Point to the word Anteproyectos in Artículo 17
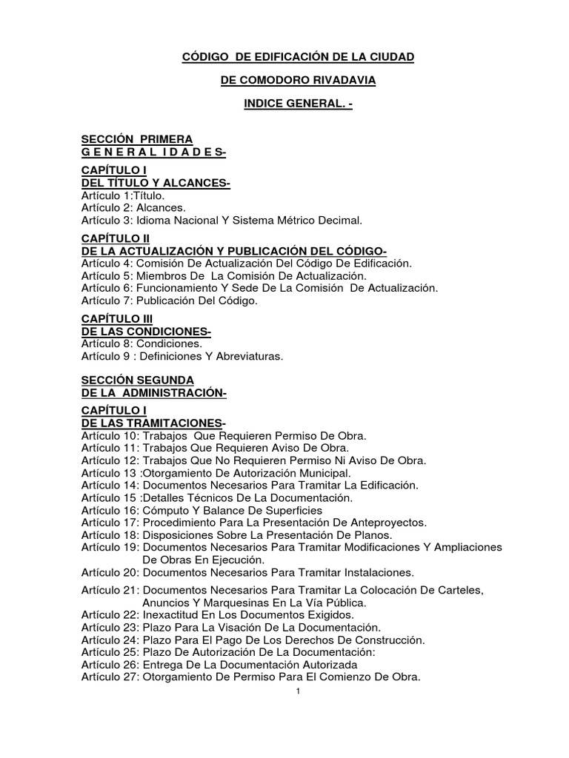point(388,523)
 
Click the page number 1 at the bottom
point(296,692)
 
